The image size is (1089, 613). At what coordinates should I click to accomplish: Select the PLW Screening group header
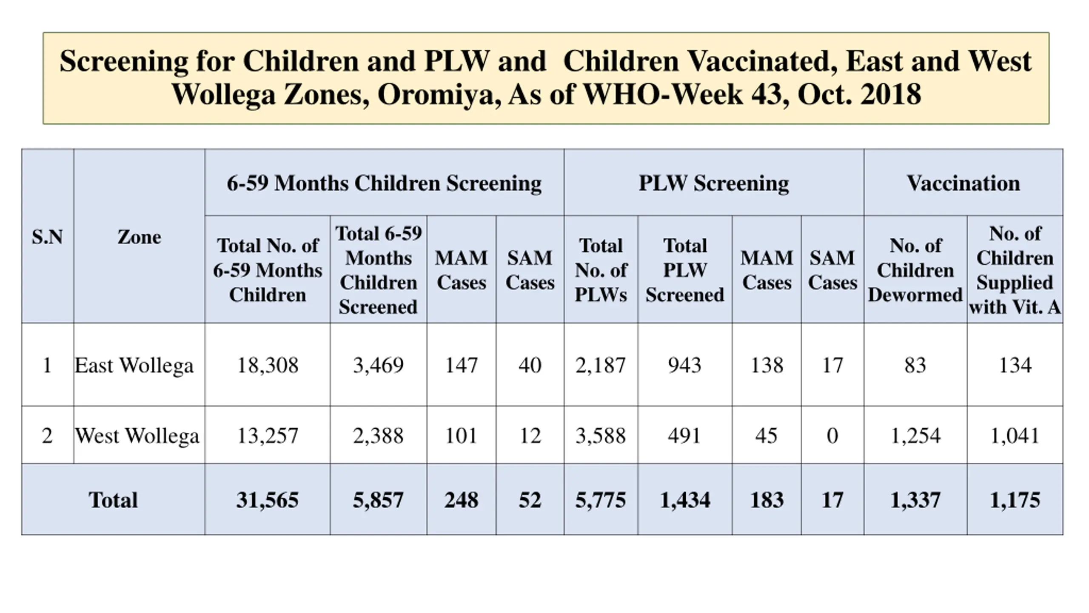pyautogui.click(x=714, y=183)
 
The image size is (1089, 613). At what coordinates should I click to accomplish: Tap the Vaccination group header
pyautogui.click(x=963, y=183)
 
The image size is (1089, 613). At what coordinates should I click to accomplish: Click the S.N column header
pyautogui.click(x=47, y=237)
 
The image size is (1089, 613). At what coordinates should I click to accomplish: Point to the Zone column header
pyautogui.click(x=139, y=237)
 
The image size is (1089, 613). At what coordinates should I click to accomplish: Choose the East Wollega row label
pyautogui.click(x=134, y=365)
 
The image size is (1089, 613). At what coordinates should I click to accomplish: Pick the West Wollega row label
pyautogui.click(x=137, y=435)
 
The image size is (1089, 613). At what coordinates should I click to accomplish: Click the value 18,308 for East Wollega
pyautogui.click(x=268, y=365)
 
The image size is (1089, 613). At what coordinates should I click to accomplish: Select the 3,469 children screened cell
pyautogui.click(x=378, y=365)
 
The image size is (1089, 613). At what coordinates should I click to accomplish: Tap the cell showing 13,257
pyautogui.click(x=268, y=435)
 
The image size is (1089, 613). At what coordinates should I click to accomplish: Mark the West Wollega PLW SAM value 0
pyautogui.click(x=832, y=435)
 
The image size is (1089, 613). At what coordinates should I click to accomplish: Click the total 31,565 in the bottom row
pyautogui.click(x=268, y=500)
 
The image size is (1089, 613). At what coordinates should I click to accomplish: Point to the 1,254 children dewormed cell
pyautogui.click(x=915, y=435)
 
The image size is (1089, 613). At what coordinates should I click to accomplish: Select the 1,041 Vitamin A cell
pyautogui.click(x=1015, y=435)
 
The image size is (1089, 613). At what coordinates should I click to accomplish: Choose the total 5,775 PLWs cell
pyautogui.click(x=601, y=500)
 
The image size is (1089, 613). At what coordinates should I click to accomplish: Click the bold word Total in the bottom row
pyautogui.click(x=113, y=500)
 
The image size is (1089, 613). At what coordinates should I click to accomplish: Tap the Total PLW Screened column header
pyautogui.click(x=685, y=270)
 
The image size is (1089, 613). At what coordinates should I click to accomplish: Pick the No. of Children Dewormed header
pyautogui.click(x=915, y=270)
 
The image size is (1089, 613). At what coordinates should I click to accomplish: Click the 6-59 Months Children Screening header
pyautogui.click(x=384, y=183)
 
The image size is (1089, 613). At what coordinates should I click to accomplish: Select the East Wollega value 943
pyautogui.click(x=684, y=365)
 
